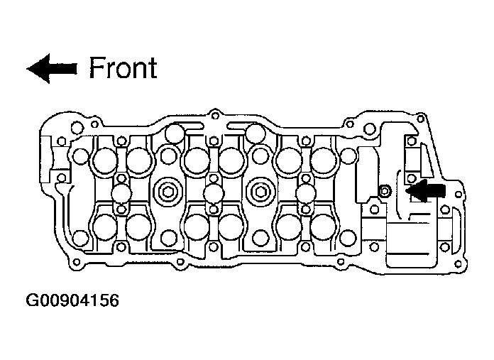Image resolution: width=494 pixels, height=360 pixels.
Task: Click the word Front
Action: (123, 67)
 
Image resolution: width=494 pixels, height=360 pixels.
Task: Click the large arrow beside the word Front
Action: (52, 68)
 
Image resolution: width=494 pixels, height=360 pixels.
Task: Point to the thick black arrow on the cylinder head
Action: (425, 191)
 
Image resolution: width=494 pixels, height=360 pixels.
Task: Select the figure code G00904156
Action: (72, 300)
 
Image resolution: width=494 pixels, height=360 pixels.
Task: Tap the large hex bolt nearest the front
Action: (168, 192)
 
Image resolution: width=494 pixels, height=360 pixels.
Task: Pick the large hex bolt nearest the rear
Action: (260, 192)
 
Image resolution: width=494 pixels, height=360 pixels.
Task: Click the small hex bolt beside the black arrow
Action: (385, 191)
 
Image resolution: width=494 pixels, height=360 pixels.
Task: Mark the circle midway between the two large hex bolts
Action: (214, 193)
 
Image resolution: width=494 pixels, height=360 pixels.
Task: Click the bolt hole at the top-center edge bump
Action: (215, 115)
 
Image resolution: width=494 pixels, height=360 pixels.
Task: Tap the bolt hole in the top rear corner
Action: (420, 119)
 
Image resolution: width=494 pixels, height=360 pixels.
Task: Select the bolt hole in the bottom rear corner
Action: (459, 264)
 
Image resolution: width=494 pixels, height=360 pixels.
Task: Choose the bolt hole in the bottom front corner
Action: (76, 261)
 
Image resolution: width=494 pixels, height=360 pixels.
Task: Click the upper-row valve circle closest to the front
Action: (104, 160)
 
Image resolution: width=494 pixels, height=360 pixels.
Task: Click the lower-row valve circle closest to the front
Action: (104, 227)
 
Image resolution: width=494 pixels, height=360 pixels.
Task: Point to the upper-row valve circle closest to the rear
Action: (323, 160)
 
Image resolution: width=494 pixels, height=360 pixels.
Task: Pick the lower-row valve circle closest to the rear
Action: (323, 227)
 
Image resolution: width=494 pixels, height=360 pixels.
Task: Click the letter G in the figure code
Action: (31, 300)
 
